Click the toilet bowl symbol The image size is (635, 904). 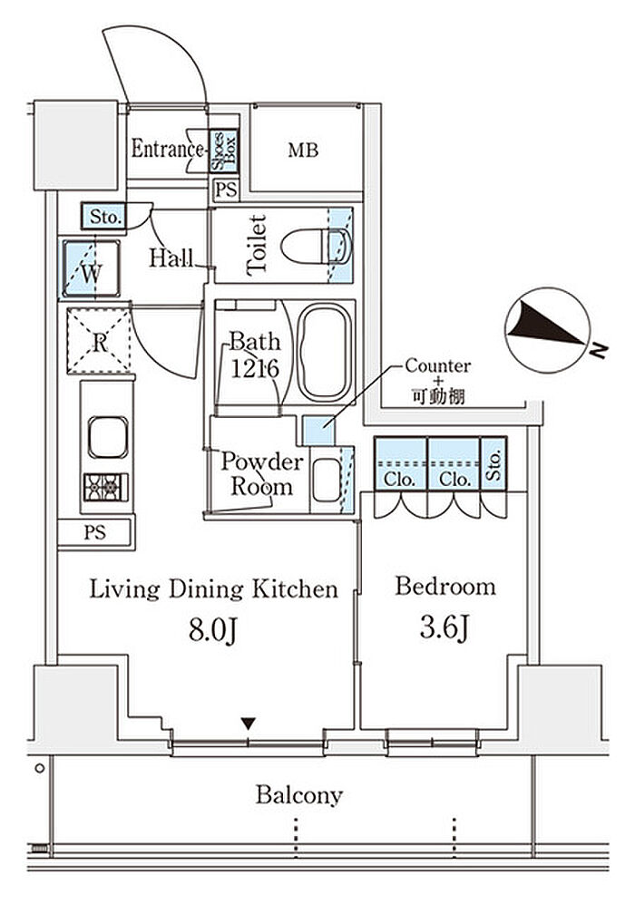click(316, 247)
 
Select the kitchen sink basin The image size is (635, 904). click(108, 437)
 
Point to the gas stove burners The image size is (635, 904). click(107, 487)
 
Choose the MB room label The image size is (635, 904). click(303, 151)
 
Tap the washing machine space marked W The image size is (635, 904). click(91, 269)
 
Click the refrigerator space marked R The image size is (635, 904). click(99, 342)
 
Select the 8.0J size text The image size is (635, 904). click(213, 631)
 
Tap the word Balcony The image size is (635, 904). click(299, 795)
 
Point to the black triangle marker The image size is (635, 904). click(249, 723)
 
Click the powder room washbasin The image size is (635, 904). click(327, 481)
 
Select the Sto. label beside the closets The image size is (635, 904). click(493, 463)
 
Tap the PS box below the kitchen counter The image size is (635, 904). click(95, 533)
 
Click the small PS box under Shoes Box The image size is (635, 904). click(225, 190)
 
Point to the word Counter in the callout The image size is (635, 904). click(438, 365)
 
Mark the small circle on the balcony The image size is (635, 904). click(39, 768)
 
